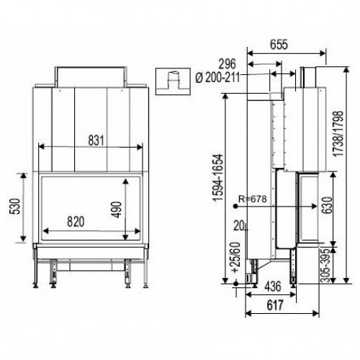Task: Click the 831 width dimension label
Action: point(96,140)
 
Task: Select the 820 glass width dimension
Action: point(76,222)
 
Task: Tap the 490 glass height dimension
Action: point(117,210)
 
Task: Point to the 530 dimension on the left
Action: point(14,206)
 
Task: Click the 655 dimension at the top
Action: point(279,45)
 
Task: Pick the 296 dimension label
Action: point(228,64)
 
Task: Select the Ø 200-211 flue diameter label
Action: point(217,78)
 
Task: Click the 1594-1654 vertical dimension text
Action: point(218,177)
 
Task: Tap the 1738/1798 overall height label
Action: point(338,133)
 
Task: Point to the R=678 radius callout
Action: point(253,199)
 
